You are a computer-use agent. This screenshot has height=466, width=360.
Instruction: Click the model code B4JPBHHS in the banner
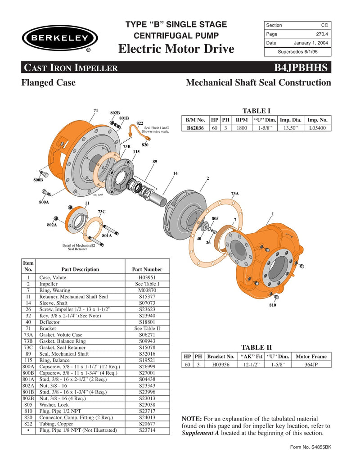(x=302, y=68)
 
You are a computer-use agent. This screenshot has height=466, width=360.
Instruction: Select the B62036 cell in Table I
(x=195, y=127)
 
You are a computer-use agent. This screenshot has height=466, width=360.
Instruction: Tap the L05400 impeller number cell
(x=318, y=127)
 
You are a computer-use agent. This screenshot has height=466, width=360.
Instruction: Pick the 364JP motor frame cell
(x=311, y=364)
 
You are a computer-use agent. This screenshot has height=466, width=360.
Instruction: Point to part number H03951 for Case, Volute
(x=147, y=278)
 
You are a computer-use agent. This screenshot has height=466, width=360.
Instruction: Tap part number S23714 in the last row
(x=147, y=430)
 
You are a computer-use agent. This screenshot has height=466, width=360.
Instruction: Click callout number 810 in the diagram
(x=273, y=305)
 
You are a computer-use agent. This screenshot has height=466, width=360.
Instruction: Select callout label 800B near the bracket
(x=38, y=180)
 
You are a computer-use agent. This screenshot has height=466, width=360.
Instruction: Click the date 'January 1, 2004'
(x=311, y=43)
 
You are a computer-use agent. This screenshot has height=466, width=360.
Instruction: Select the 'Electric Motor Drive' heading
(x=176, y=49)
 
